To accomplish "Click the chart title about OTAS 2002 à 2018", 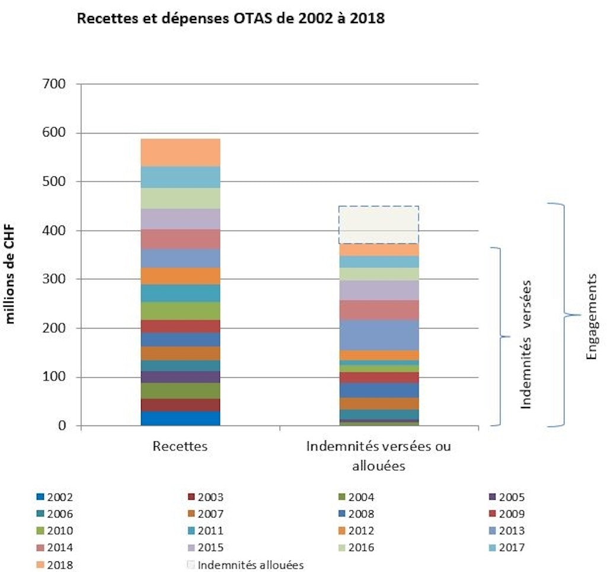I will tap(231, 19).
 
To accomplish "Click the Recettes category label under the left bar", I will tap(180, 446).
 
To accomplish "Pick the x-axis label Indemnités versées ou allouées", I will tap(378, 455).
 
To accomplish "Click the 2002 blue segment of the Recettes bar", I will tap(180, 418).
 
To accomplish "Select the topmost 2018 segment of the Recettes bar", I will tap(180, 152).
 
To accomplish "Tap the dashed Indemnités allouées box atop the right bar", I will tap(379, 225).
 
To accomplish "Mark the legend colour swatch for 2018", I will tap(40, 564).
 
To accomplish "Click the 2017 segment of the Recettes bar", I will tap(180, 177).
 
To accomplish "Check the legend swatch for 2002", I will tap(40, 498).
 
